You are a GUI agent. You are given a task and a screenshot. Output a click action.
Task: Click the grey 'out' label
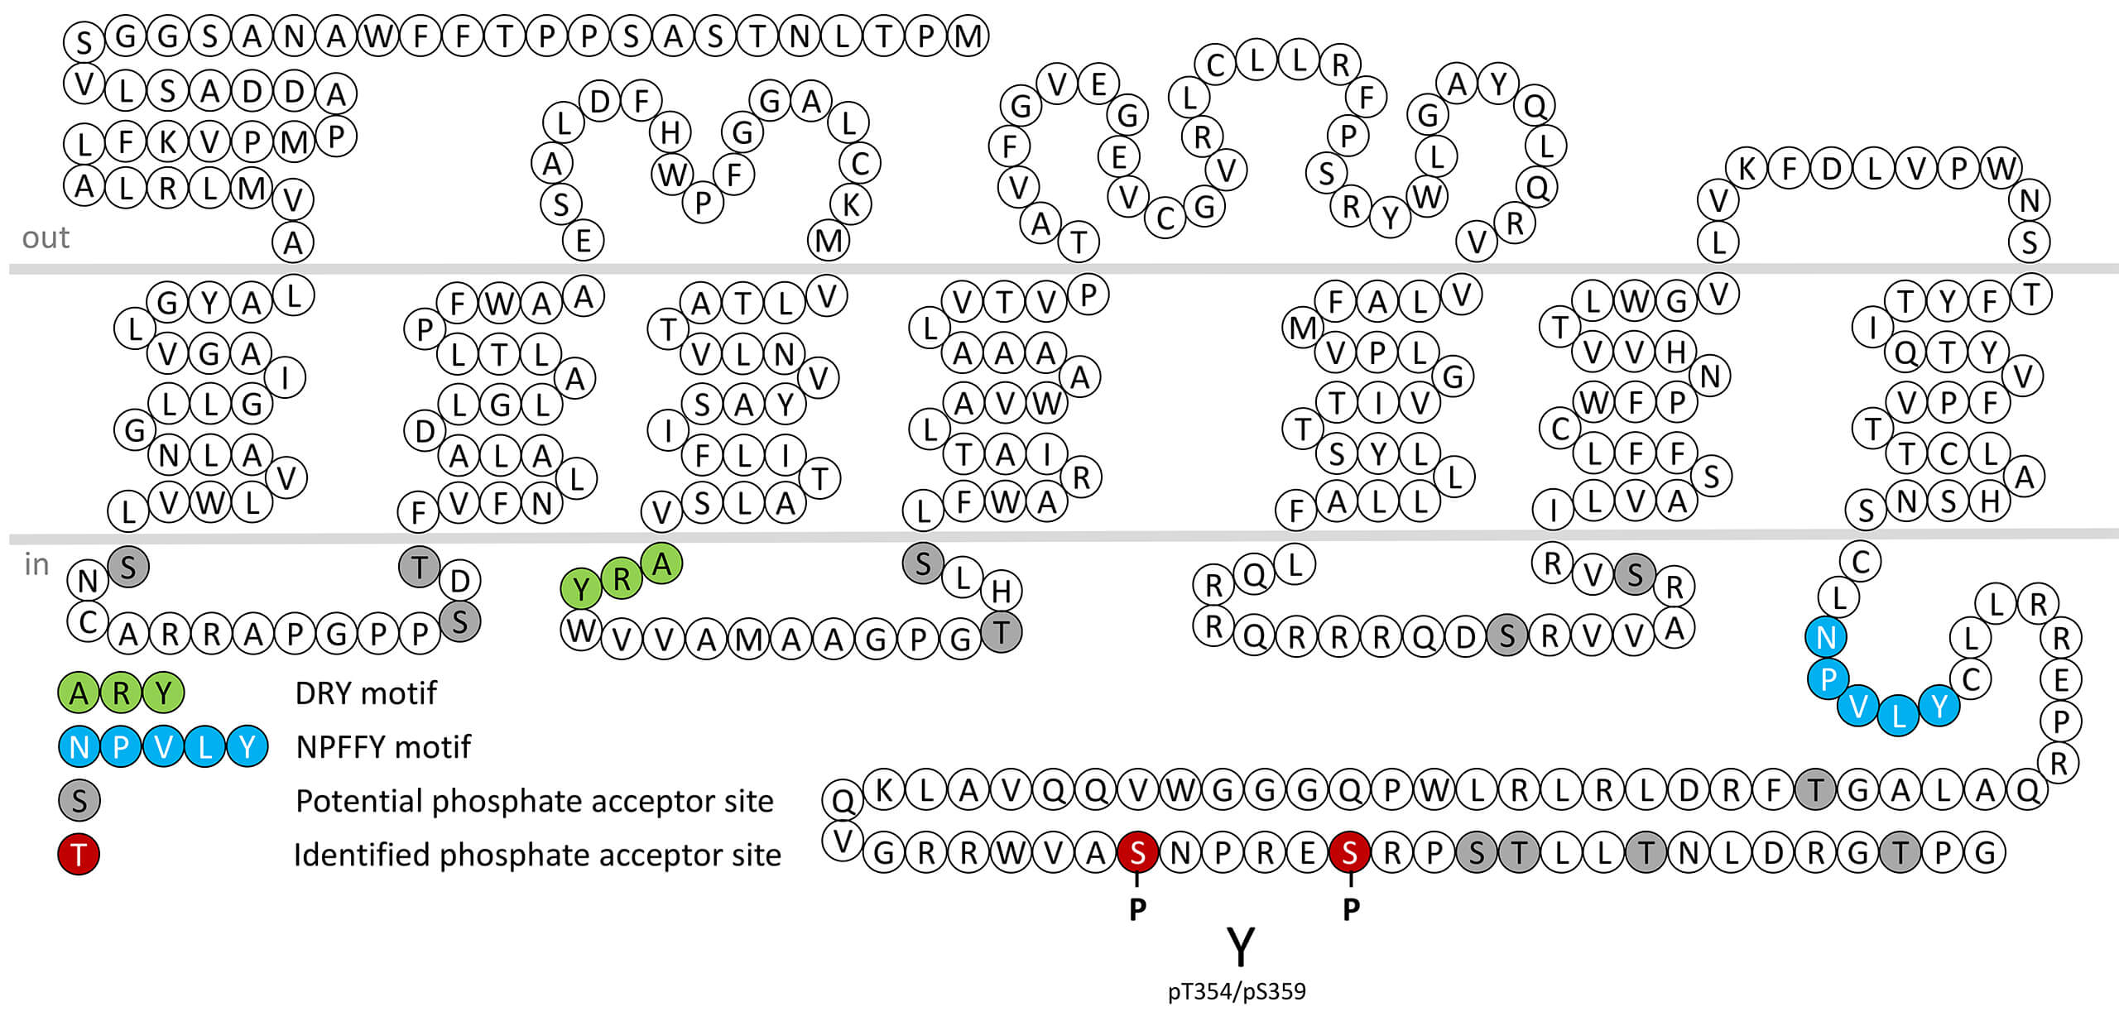[46, 237]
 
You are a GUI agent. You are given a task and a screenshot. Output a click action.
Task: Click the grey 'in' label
[36, 564]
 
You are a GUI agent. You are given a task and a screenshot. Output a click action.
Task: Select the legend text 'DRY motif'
[365, 693]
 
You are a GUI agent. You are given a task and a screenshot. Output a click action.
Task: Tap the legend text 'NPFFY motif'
[383, 747]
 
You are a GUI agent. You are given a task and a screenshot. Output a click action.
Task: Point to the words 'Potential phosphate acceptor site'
[534, 801]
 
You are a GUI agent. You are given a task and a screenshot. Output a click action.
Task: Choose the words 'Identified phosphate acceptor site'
[537, 855]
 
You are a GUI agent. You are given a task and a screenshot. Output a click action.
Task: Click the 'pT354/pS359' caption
[1237, 991]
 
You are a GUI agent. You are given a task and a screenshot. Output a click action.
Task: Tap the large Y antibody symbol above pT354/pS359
[1240, 947]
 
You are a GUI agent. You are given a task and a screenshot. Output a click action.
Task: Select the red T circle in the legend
[79, 855]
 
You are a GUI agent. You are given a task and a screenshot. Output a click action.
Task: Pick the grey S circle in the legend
[79, 801]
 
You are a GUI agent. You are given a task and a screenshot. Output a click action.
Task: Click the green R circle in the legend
[121, 693]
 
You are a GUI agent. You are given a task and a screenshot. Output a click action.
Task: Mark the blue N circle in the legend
[79, 747]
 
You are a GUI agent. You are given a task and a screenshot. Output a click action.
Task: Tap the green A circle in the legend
[79, 693]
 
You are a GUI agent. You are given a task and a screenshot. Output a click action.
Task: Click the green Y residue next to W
[581, 590]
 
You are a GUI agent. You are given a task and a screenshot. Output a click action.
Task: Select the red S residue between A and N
[1138, 852]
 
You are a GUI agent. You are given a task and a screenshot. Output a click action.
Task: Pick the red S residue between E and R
[1350, 852]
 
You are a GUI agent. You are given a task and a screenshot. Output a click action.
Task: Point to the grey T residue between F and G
[1816, 790]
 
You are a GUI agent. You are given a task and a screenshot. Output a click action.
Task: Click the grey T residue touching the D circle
[420, 568]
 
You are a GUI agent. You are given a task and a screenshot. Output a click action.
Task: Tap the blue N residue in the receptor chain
[1826, 637]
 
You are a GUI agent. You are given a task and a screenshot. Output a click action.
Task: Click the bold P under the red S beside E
[1351, 909]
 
